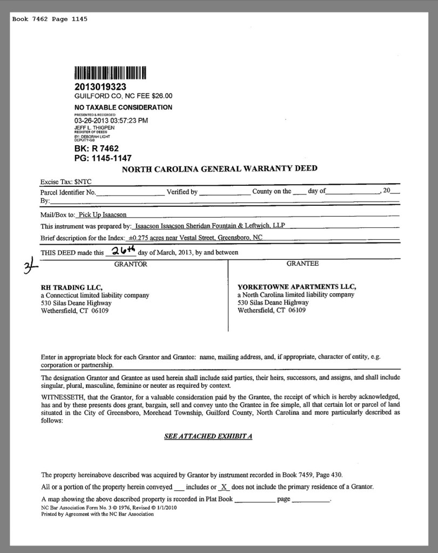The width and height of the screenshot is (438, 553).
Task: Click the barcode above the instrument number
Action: click(x=110, y=73)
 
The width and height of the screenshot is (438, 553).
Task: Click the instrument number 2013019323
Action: click(x=100, y=86)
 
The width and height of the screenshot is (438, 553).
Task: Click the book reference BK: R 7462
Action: click(x=96, y=149)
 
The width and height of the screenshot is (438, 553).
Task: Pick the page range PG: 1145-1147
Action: click(x=103, y=158)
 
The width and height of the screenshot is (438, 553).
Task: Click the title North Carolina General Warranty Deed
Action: click(x=219, y=169)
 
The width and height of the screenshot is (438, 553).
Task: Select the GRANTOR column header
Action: click(x=130, y=264)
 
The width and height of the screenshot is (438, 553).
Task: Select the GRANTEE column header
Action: click(x=302, y=264)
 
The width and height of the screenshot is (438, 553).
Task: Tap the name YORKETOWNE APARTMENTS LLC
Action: click(x=297, y=287)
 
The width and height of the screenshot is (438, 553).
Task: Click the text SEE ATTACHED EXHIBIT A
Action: click(x=208, y=436)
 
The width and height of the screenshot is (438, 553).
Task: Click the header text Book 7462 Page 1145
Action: click(x=50, y=19)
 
